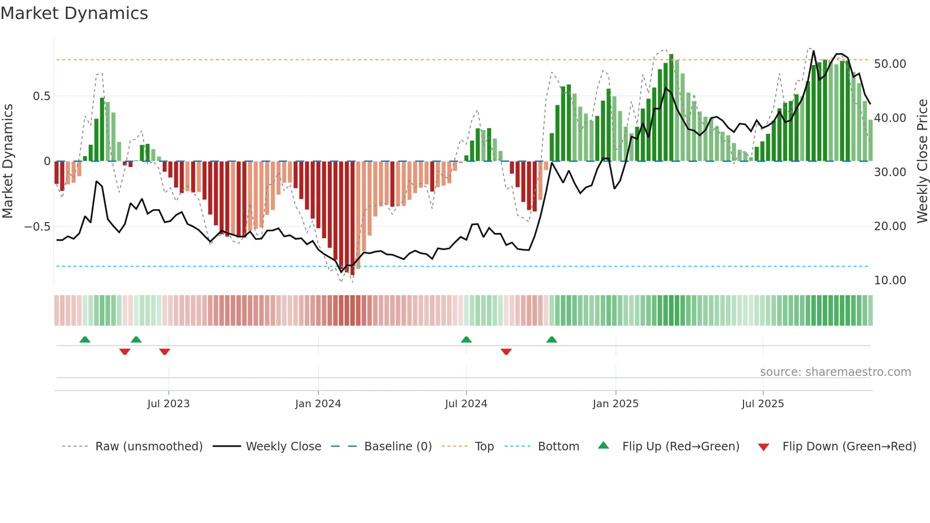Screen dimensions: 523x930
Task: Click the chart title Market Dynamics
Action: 74,13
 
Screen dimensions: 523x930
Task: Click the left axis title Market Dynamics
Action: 8,161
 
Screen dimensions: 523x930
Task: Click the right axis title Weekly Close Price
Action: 922,161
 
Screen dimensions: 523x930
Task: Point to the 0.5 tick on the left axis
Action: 41,96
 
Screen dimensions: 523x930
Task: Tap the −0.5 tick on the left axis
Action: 37,226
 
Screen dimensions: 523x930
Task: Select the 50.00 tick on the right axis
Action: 890,64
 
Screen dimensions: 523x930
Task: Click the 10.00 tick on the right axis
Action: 890,280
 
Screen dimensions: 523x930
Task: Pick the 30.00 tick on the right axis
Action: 890,172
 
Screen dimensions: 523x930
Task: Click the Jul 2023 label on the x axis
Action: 168,404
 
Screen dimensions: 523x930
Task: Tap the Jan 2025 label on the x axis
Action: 615,404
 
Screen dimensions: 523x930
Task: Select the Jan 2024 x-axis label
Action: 318,404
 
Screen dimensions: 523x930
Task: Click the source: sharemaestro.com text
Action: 835,372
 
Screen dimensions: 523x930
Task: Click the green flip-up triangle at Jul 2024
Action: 466,340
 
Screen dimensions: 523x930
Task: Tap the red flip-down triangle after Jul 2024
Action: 506,352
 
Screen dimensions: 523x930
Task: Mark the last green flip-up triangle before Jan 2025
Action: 551,340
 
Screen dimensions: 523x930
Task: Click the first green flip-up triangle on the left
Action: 85,340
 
